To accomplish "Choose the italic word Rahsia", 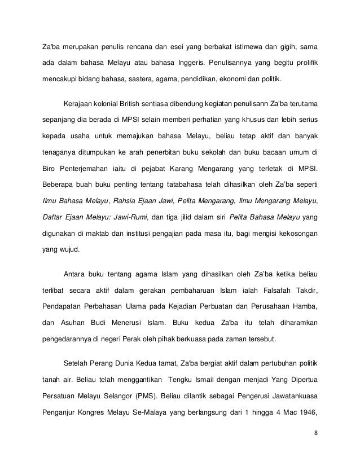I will tap(125, 200).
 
